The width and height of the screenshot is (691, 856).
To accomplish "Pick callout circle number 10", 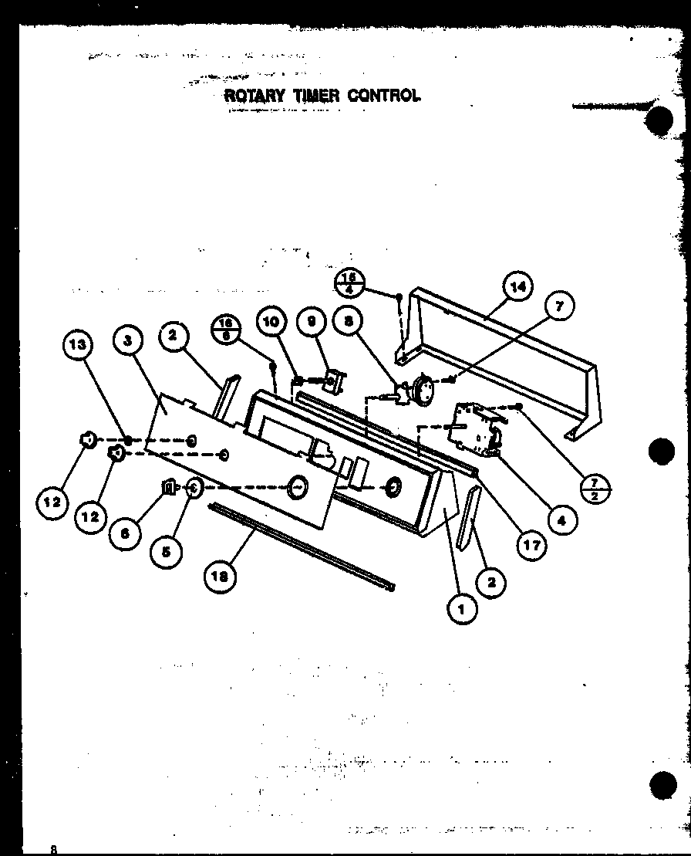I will (271, 323).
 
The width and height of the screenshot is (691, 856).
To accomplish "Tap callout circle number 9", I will (312, 323).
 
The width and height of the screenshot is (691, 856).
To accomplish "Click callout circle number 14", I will (518, 287).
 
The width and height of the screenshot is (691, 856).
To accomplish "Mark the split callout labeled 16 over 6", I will (226, 330).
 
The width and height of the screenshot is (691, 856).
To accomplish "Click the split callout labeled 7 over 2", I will (595, 489).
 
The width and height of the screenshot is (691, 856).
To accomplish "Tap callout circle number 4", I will (561, 519).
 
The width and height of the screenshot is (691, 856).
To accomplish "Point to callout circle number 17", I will (531, 545).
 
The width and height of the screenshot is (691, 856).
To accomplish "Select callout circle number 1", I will (462, 607).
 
